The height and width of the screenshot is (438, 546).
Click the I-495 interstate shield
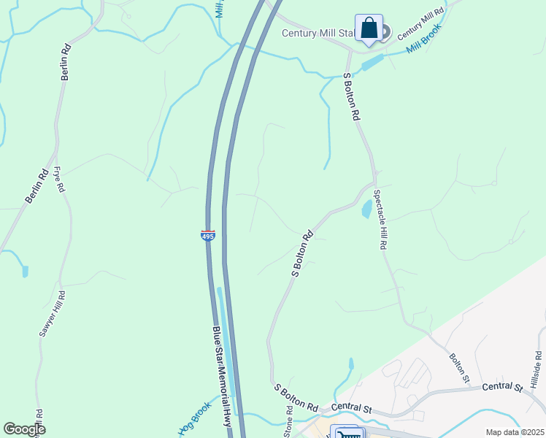[207, 236]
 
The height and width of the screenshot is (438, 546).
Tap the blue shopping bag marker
[369, 28]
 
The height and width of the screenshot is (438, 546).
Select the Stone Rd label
[289, 424]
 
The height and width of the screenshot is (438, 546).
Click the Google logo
[24, 429]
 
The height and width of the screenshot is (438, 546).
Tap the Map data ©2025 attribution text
[514, 432]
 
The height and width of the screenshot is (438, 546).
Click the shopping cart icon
[347, 434]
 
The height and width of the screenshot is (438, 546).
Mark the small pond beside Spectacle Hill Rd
[366, 210]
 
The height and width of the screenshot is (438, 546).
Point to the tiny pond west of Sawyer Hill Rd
[26, 272]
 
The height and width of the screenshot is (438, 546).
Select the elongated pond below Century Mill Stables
[372, 64]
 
